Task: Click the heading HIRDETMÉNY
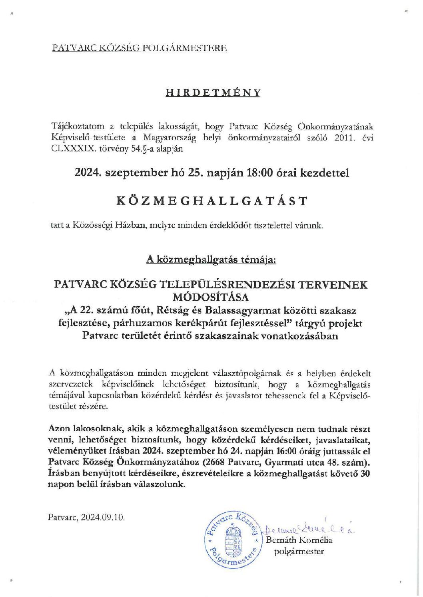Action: tap(213, 93)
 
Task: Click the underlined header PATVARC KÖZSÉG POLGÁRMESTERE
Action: tap(139, 48)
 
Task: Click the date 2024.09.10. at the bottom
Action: tap(103, 517)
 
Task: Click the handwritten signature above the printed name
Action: tap(308, 530)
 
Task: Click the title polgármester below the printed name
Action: tap(299, 551)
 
